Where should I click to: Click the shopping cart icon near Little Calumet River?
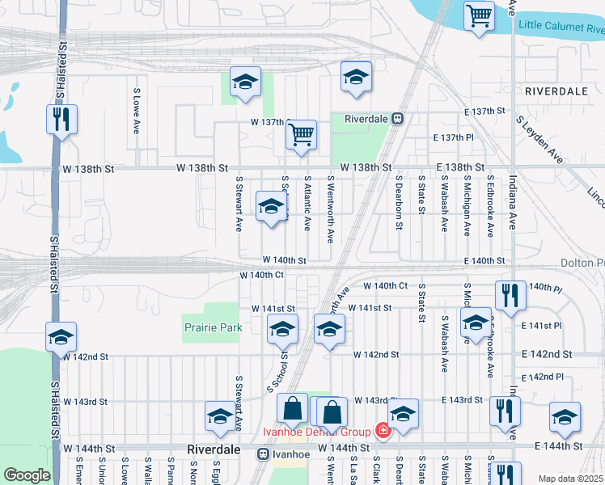479,15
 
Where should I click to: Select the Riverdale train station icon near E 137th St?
397,118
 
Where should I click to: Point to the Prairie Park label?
212,327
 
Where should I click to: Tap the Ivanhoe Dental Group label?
316,431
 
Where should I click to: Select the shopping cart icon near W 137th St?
301,134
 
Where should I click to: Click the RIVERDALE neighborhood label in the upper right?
556,91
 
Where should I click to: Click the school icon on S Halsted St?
61,337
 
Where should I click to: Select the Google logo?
27,475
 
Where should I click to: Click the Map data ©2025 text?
571,479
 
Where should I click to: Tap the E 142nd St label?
547,354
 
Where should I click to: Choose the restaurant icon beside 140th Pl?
510,295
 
